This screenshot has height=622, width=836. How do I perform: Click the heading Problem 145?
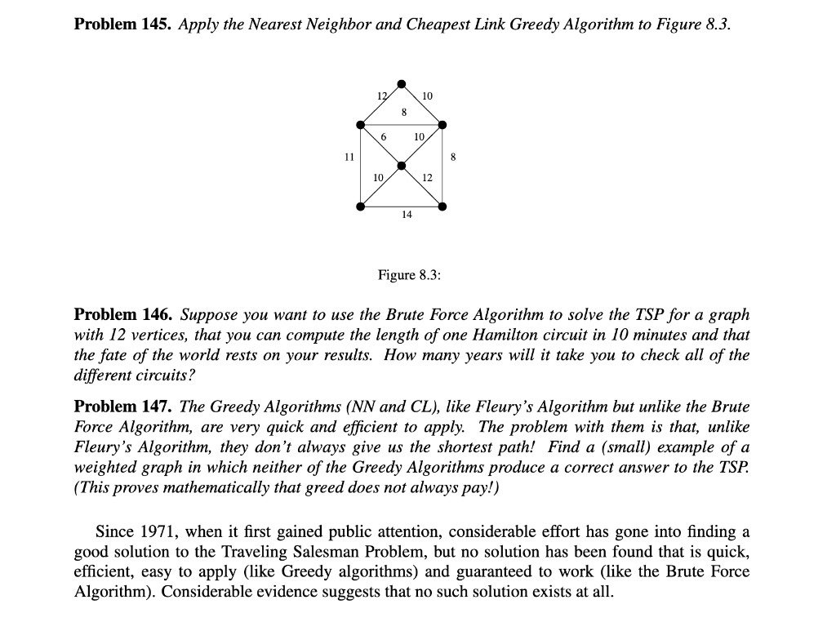pos(122,24)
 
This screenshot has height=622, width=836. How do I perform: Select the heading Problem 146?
pos(122,314)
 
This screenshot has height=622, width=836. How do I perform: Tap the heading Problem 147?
pos(122,406)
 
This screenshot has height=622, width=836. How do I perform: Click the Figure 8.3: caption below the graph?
pos(409,275)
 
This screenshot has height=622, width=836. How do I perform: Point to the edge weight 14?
pos(407,215)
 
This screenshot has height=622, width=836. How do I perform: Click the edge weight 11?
pos(349,156)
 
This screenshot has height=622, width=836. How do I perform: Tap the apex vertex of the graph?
pos(401,83)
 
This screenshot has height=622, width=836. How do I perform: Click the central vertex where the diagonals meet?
pos(401,166)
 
